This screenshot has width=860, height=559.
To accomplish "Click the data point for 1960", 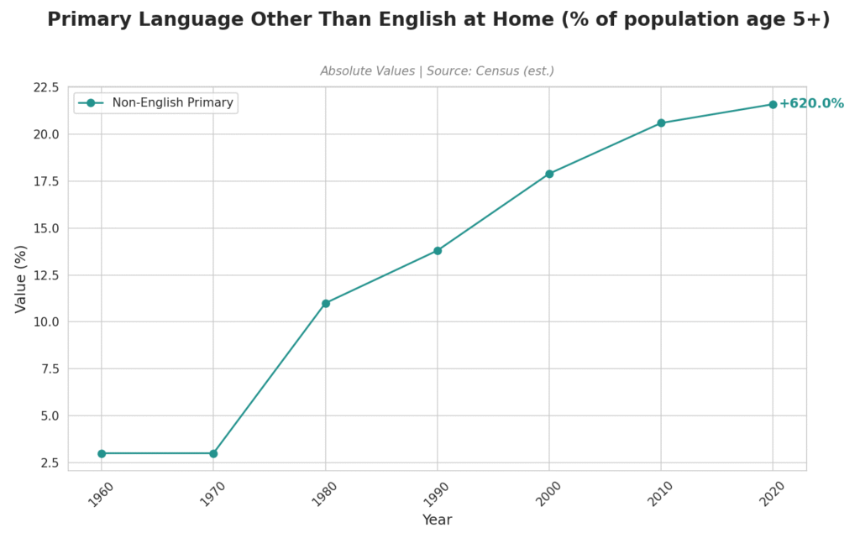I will pos(102,453).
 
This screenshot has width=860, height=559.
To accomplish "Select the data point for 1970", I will pos(213,453).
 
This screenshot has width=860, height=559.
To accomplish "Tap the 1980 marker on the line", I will pos(326,303).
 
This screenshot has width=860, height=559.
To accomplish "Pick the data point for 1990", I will pos(438,250).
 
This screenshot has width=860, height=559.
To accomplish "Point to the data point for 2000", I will pos(549,174).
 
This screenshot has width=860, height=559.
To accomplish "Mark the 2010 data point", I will pos(661,123).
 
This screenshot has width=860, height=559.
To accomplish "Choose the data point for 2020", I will pos(773,104).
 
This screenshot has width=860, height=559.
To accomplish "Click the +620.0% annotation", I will pos(810,104).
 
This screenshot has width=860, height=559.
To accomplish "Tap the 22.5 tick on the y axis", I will pos(46,87).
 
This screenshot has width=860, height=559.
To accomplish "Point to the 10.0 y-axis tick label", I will pos(46,322).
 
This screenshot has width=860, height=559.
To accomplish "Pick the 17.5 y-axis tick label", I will pos(46,181).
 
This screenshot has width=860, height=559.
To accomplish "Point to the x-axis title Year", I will pos(437,520).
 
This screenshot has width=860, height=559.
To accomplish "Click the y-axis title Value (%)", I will pos(22,279).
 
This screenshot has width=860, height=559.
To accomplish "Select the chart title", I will pos(438,20).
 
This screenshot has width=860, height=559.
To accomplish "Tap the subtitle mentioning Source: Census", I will pos(437,71).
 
